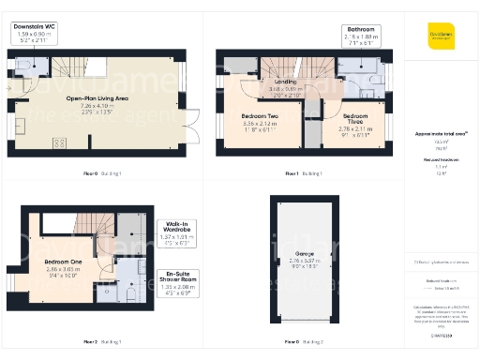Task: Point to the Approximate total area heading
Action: [x=440, y=135]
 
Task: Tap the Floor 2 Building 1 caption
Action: [x=102, y=340]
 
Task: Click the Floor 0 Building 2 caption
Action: [x=304, y=340]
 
